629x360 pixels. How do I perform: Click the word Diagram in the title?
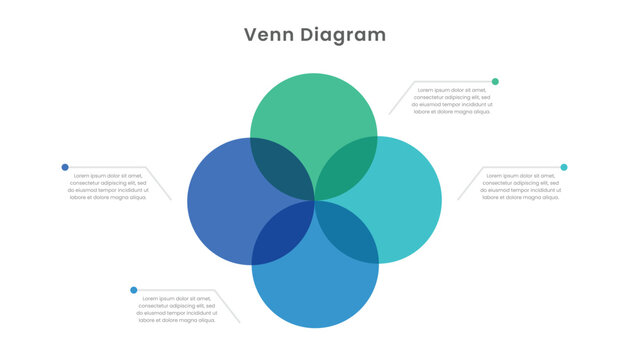[342, 35]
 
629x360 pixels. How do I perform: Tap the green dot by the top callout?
[495, 81]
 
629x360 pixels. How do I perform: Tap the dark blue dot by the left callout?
[65, 167]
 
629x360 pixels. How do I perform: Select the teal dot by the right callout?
[564, 167]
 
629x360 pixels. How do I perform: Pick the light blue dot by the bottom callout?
[133, 290]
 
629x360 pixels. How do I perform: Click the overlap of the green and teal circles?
[347, 169]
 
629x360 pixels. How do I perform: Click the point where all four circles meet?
[315, 201]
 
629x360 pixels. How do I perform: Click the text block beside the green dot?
[452, 101]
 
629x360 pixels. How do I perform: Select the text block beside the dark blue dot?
[108, 187]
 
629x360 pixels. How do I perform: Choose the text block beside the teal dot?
[521, 187]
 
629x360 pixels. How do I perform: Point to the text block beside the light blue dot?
[177, 310]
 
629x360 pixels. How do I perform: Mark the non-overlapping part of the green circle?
[313, 110]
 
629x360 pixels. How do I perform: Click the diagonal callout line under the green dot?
[399, 98]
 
